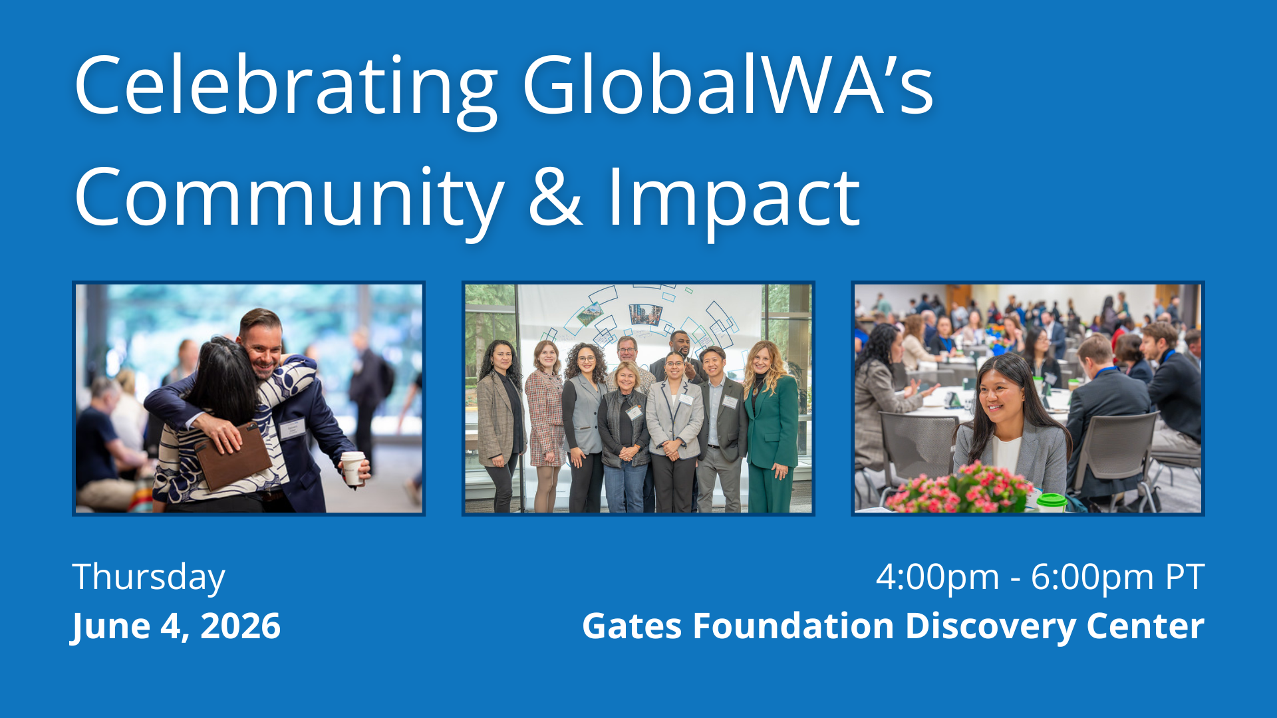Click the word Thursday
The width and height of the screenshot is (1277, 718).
tap(149, 578)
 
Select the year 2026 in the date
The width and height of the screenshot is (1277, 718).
tap(241, 626)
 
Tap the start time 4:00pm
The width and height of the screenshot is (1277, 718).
tap(937, 578)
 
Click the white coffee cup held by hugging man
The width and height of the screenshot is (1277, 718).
tap(353, 467)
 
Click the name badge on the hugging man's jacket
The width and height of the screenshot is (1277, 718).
tap(292, 429)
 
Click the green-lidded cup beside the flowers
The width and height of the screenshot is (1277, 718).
tap(1052, 503)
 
